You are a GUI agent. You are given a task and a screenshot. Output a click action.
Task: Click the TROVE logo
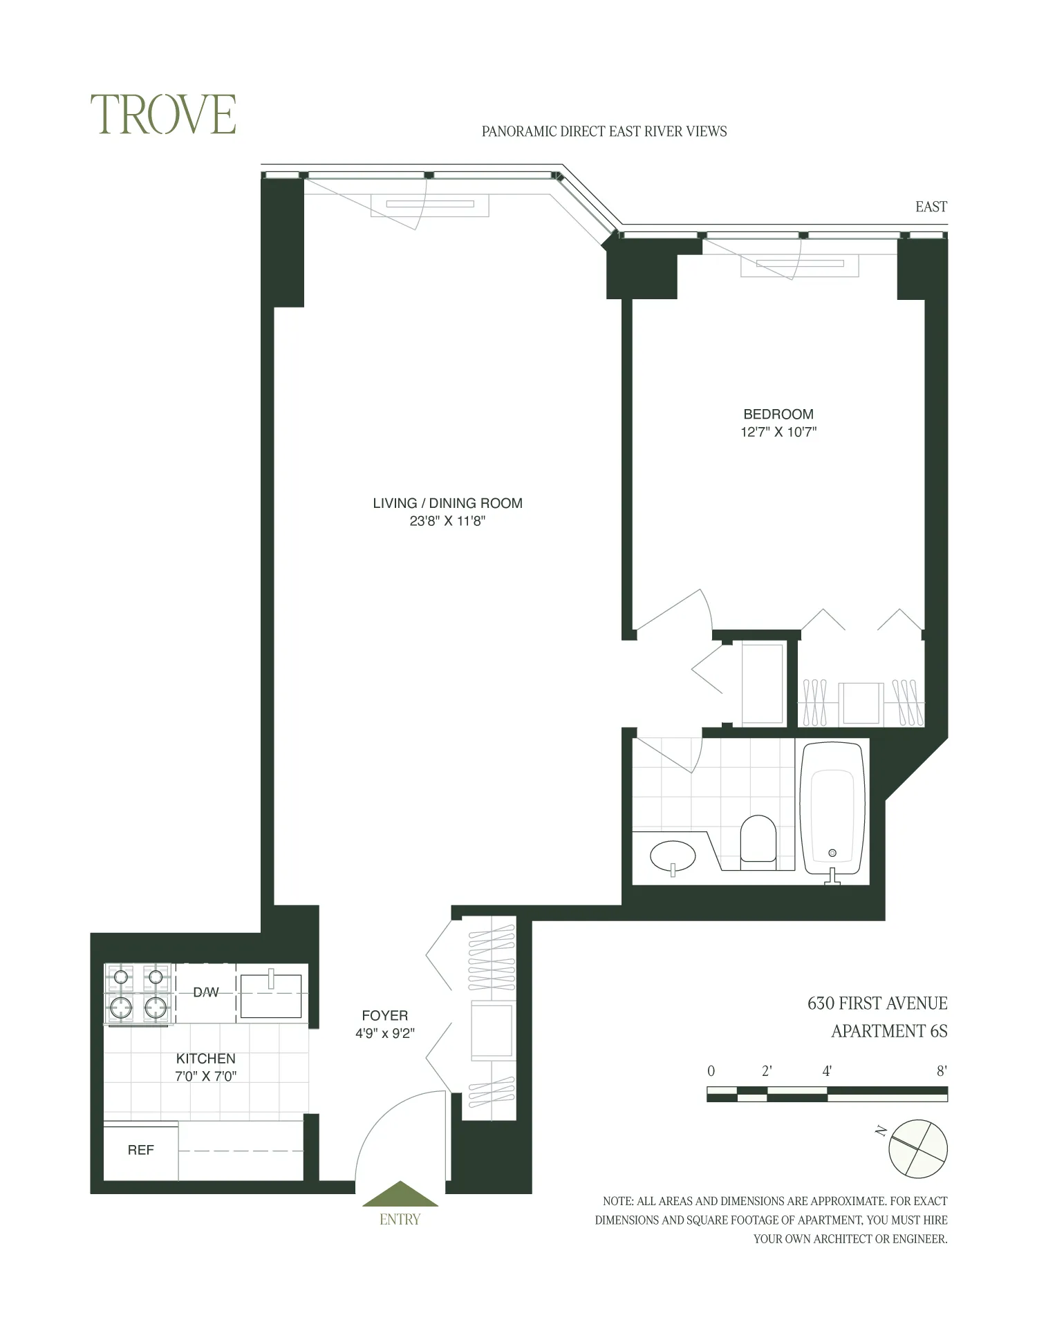click(x=163, y=115)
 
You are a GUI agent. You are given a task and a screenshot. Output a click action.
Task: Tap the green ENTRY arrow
click(x=400, y=1195)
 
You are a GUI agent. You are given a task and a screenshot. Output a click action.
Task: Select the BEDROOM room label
click(x=778, y=414)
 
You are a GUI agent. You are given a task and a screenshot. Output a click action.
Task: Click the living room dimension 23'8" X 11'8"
click(x=447, y=521)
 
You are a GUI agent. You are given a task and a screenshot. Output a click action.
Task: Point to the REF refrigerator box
click(x=141, y=1150)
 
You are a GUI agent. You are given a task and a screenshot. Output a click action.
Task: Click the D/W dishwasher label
click(x=205, y=992)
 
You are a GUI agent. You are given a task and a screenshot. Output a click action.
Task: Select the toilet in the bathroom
click(x=758, y=839)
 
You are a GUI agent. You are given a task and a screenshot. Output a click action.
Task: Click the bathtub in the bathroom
click(x=832, y=809)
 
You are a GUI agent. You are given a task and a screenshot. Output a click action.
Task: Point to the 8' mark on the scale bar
click(x=941, y=1072)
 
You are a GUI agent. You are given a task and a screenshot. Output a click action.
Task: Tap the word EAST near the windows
click(x=931, y=207)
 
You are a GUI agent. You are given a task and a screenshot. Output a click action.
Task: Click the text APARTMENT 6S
click(x=888, y=1031)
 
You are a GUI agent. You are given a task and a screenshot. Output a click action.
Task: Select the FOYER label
click(x=384, y=1015)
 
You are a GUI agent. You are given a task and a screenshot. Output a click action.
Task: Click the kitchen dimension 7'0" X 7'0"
click(x=205, y=1076)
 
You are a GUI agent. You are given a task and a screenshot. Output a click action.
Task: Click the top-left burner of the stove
click(x=121, y=976)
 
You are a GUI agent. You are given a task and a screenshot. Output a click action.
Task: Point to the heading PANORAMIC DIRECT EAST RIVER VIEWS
click(x=604, y=131)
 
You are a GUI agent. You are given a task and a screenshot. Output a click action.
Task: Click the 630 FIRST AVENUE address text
click(x=877, y=1003)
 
